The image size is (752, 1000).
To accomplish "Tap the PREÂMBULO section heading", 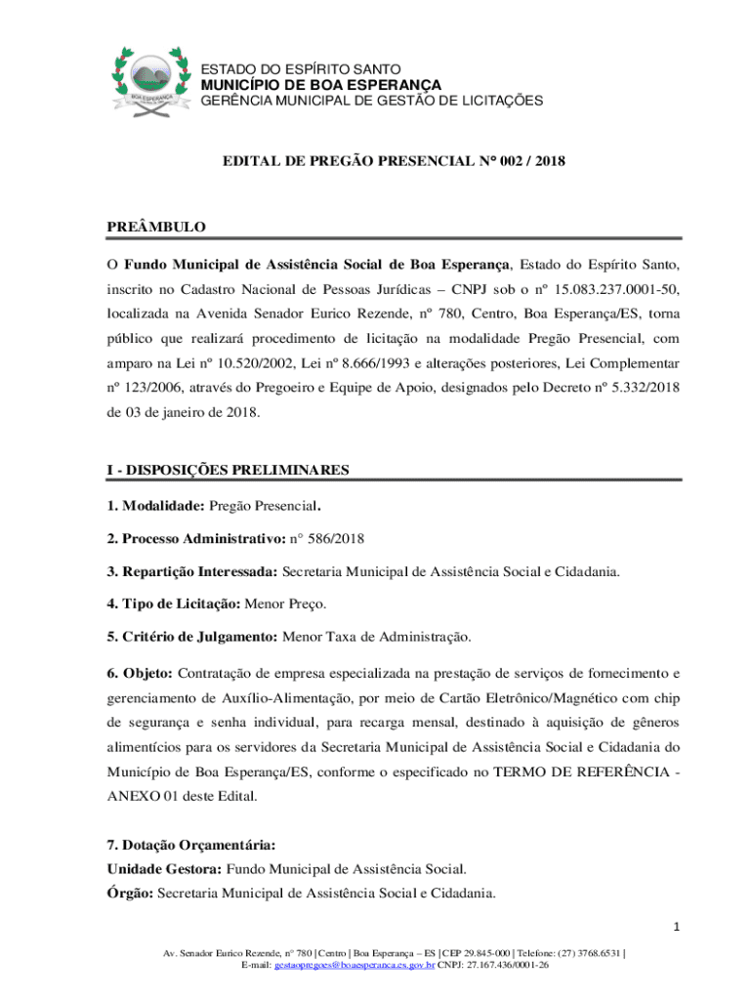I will tap(156, 227).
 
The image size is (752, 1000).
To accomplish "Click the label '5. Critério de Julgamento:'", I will tap(192, 637).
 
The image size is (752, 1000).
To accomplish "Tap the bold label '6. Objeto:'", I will tap(140, 673).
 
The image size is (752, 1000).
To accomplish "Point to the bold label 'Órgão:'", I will tap(130, 892).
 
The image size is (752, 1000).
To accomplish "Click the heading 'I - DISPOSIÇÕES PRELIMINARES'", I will tap(228, 470).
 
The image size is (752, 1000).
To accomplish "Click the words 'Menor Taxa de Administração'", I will tap(376, 637).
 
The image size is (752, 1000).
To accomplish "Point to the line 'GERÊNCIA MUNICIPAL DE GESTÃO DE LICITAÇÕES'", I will tap(371, 101).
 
